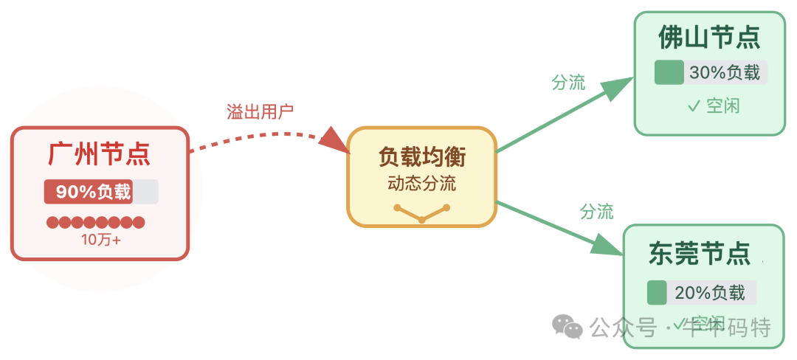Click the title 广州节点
coord(100,154)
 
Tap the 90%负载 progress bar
coord(100,192)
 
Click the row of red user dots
coord(96,222)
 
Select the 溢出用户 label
coord(260,112)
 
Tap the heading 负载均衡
coord(422,157)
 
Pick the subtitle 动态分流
coord(422,183)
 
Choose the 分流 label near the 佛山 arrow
coord(568,83)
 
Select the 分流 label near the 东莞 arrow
coord(596,212)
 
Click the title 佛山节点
coord(709,38)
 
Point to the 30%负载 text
coord(724,73)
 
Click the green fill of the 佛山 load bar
coord(669,73)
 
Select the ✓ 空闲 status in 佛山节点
coord(713,106)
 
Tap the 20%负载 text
coord(710,292)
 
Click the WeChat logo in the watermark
coord(568,325)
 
